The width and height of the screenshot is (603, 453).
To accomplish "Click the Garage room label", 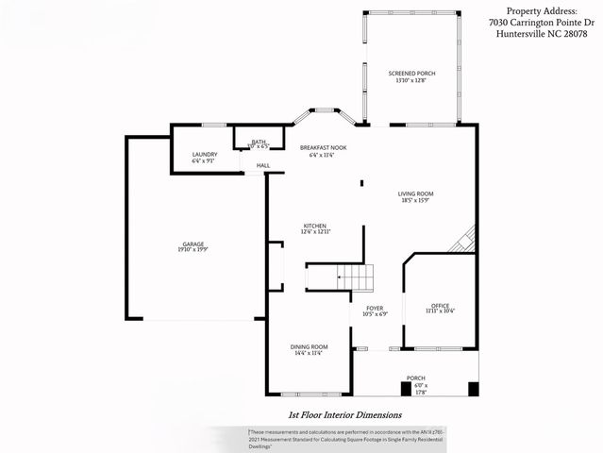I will pyautogui.click(x=193, y=243).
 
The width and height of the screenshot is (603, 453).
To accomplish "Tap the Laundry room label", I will pyautogui.click(x=205, y=154).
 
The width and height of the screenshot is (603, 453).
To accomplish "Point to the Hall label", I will pyautogui.click(x=263, y=166).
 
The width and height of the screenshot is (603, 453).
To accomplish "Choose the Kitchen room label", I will pyautogui.click(x=314, y=226).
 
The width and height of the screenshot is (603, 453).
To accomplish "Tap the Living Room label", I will pyautogui.click(x=414, y=193).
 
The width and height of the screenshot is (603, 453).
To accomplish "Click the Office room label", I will pyautogui.click(x=439, y=305).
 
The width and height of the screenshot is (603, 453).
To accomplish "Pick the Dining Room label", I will pyautogui.click(x=308, y=346).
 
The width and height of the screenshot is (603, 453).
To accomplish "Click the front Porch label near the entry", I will pyautogui.click(x=415, y=377).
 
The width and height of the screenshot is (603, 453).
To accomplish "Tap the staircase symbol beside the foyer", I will pyautogui.click(x=357, y=277).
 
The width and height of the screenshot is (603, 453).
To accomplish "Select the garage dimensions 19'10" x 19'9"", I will pyautogui.click(x=193, y=250).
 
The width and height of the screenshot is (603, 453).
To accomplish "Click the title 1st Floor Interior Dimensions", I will pyautogui.click(x=345, y=414).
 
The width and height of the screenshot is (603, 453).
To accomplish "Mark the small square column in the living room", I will pyautogui.click(x=361, y=183).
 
